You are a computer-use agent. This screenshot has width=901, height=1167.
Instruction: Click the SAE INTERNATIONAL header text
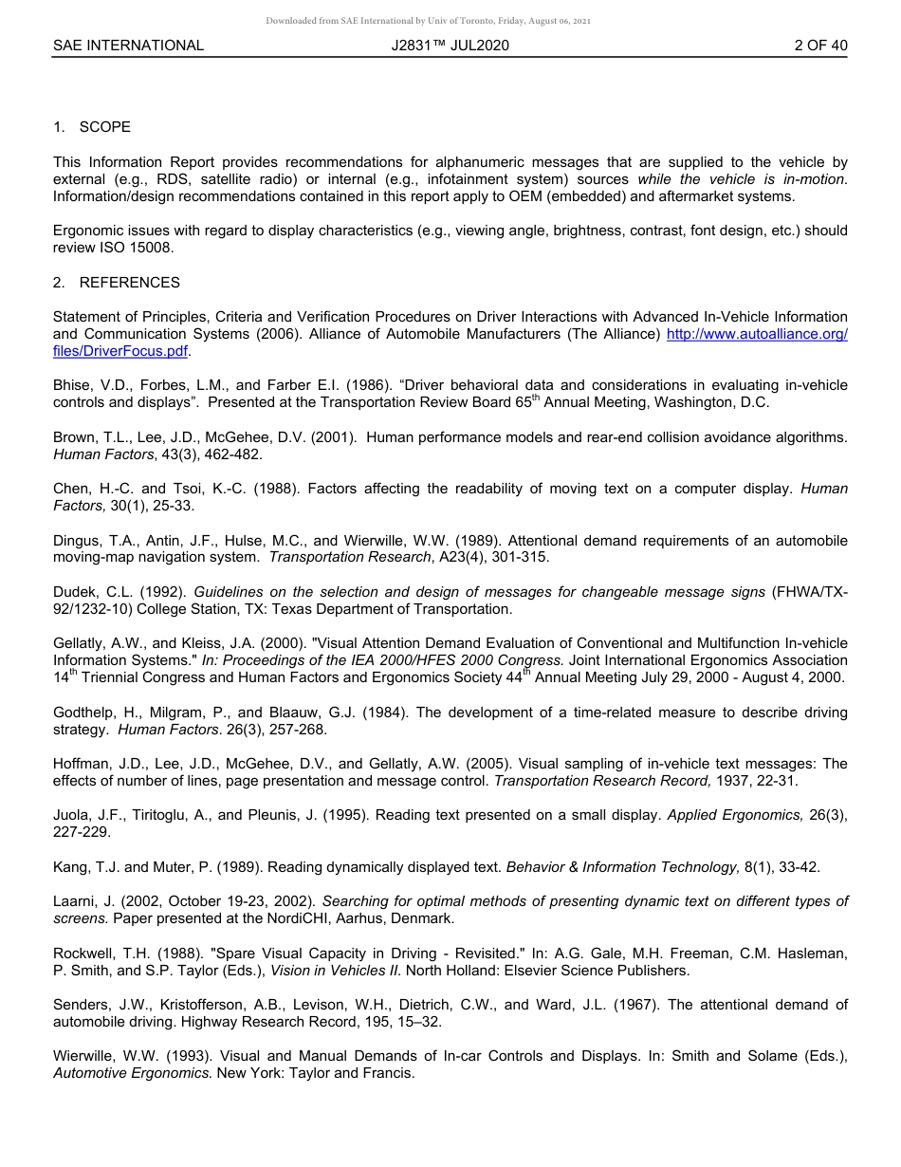128,45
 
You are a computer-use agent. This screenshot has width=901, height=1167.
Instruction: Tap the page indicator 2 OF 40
820,45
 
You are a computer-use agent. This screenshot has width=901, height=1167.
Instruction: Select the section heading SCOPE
104,127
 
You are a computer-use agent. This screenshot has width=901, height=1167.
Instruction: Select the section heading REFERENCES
129,283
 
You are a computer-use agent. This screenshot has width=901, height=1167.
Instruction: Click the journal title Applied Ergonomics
729,815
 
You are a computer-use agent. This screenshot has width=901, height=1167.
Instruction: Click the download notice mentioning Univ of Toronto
429,21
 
